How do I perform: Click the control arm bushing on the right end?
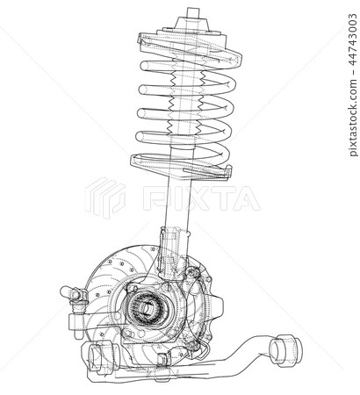pos(284,350)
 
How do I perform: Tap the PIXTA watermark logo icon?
pos(105,197)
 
